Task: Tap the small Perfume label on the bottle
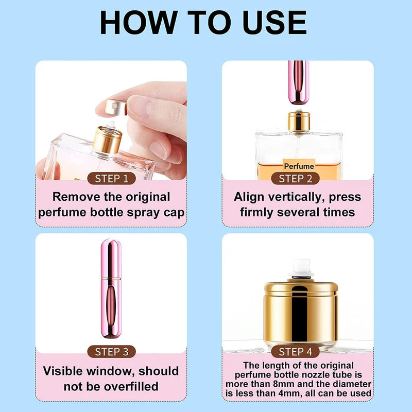299,166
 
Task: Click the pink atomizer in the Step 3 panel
111,288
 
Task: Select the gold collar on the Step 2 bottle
298,121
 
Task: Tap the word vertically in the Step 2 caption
299,197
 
